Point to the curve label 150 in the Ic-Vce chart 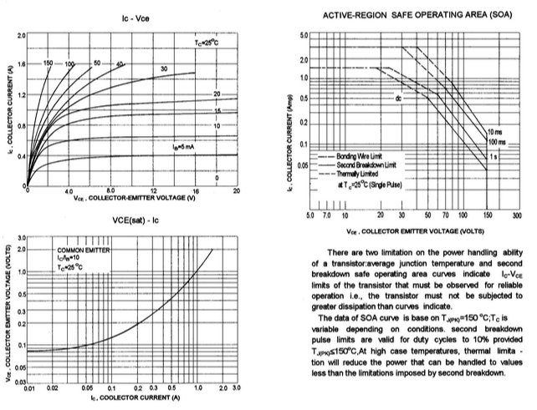click(49, 63)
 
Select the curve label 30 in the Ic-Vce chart click(163, 68)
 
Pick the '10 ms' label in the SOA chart click(495, 130)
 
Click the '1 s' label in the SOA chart click(494, 155)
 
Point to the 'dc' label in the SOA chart click(400, 99)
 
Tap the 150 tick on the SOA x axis click(487, 215)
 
